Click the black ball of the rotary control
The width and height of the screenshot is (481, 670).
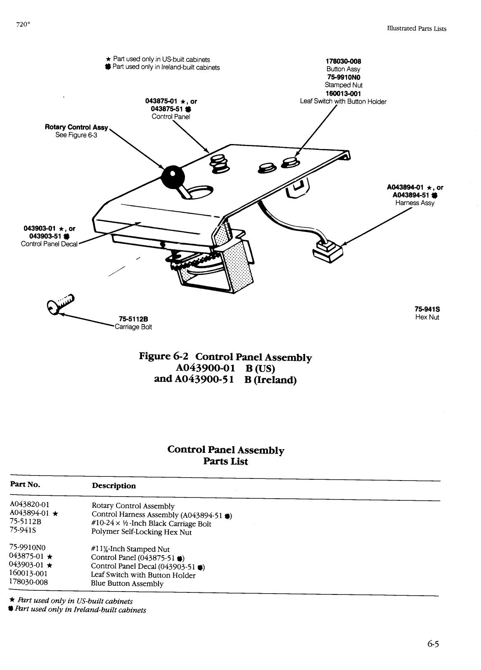tap(172, 177)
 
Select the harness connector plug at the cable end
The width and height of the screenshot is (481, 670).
tap(329, 250)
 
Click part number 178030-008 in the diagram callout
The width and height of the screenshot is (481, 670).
tap(344, 62)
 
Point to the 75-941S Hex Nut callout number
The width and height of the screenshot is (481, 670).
tap(427, 309)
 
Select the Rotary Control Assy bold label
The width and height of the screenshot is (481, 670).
tap(76, 127)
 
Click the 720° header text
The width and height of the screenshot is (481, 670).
tap(23, 24)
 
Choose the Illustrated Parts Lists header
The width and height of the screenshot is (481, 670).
tap(417, 28)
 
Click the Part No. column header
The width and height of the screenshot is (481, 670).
tap(25, 484)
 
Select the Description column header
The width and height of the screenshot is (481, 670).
tap(114, 486)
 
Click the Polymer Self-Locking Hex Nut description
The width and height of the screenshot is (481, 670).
tap(142, 532)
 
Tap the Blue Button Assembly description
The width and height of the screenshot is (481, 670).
tap(127, 583)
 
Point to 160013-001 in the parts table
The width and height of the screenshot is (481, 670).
tap(28, 573)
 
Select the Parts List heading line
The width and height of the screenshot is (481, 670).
tap(225, 461)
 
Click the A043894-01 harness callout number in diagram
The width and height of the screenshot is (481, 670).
tap(405, 187)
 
